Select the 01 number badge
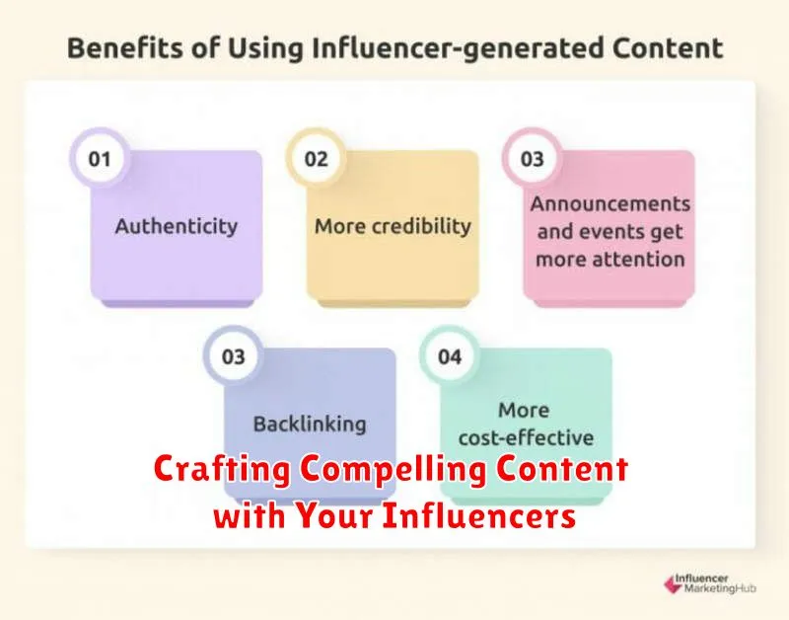click(100, 159)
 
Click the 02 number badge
click(316, 159)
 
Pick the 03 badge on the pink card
click(532, 159)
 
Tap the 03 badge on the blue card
click(233, 356)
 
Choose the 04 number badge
click(450, 356)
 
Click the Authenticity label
click(177, 227)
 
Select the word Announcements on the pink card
click(610, 204)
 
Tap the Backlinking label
click(310, 425)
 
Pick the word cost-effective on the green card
click(526, 437)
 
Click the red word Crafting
click(223, 469)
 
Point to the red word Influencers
click(478, 515)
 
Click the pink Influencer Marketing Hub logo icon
click(672, 583)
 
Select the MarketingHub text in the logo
click(720, 588)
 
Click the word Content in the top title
click(668, 48)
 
